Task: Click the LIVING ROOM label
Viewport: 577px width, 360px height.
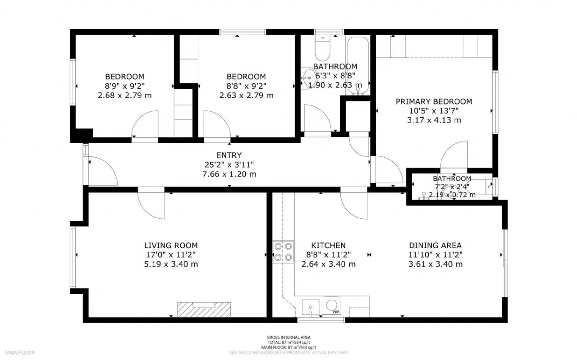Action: [171, 246]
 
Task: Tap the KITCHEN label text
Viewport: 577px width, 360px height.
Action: [329, 246]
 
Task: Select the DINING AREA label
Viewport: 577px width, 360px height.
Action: [435, 246]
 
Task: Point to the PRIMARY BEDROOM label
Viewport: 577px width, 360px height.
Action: [434, 101]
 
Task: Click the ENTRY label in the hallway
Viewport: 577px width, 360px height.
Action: [229, 155]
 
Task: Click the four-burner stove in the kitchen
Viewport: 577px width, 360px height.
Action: [283, 251]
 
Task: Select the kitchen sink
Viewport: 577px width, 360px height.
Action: [310, 307]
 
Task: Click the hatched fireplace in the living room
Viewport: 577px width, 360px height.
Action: [204, 310]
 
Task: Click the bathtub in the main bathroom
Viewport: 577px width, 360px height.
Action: [358, 65]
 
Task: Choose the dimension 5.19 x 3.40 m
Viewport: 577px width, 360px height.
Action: [171, 264]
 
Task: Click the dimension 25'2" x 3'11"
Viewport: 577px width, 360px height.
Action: [229, 165]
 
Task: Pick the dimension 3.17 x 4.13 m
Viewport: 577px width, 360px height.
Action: [434, 120]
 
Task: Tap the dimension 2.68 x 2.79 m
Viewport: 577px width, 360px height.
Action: [124, 95]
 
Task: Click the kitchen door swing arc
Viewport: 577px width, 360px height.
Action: [354, 205]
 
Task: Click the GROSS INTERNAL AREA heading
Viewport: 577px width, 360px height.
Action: [288, 337]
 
